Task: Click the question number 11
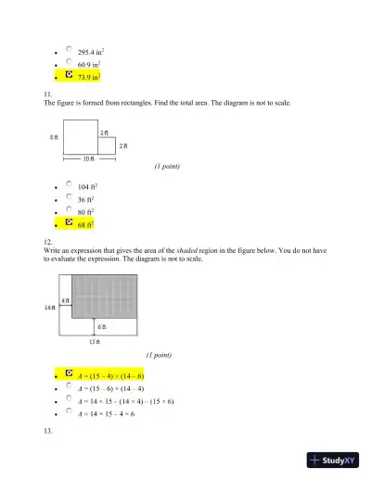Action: click(x=47, y=94)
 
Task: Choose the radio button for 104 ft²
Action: click(x=70, y=184)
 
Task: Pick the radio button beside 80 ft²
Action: click(x=70, y=210)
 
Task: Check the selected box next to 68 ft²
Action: click(x=70, y=223)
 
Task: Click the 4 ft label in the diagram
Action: click(x=66, y=301)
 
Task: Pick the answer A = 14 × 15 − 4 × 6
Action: click(x=107, y=414)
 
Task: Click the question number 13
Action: click(x=47, y=433)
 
